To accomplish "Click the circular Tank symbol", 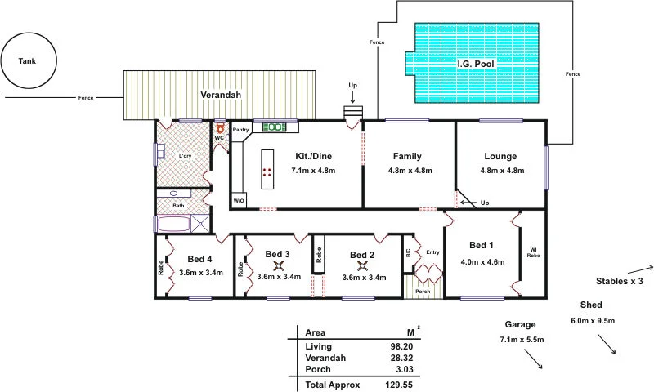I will [x=29, y=61].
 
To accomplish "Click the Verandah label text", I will [x=220, y=95].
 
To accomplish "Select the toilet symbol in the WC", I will [x=220, y=128].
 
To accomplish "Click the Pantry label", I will [x=241, y=130].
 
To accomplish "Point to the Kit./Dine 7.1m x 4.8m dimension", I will [x=314, y=171].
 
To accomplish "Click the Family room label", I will [x=406, y=155].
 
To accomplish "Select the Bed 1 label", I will [x=481, y=245].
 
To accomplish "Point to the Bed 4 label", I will [x=200, y=259].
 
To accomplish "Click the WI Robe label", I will [x=532, y=252].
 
